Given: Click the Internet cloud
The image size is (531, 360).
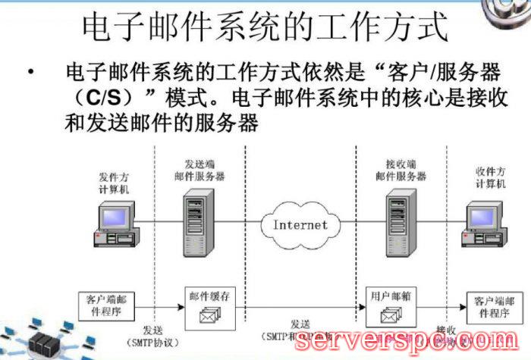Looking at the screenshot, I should click(300, 224).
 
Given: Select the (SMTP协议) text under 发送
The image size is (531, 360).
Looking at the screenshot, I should click(162, 342).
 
